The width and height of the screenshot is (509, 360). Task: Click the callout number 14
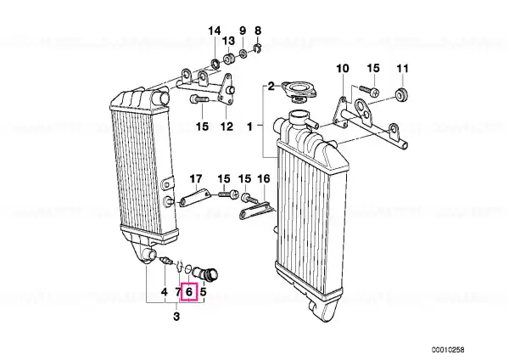point(215,31)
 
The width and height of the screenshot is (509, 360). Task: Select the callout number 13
point(228,41)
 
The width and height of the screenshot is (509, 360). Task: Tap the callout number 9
point(243,31)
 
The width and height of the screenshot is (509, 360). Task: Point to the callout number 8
point(258,31)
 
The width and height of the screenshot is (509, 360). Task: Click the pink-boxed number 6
point(189,292)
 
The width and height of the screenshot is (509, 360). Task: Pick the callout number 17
point(196,179)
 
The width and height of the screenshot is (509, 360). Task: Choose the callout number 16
point(263,178)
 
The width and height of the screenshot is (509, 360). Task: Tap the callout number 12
point(227,127)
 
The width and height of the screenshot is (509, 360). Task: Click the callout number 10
point(343,69)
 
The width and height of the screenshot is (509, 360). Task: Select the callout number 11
point(402,69)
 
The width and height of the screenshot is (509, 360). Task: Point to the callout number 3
point(176,316)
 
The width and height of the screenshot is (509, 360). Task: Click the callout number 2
point(271,87)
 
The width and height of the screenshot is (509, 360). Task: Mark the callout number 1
point(249,127)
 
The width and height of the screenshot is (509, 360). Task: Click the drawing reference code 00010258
point(448,350)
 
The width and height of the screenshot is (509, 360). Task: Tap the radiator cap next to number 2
point(299,91)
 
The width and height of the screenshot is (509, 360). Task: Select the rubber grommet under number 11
point(402,94)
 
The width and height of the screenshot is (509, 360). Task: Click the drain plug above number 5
point(207,274)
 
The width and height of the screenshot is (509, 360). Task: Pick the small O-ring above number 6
point(188,269)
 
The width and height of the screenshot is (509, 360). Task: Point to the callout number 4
point(165,292)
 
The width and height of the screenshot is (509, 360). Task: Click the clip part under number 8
point(257,48)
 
